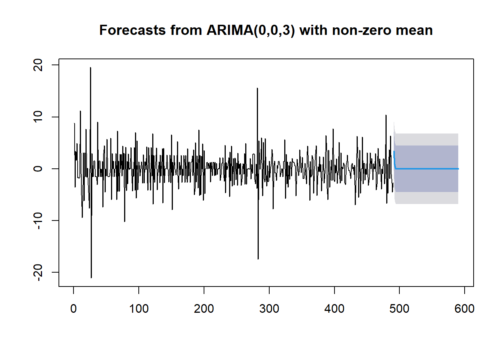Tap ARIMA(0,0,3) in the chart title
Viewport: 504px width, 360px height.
tap(250, 30)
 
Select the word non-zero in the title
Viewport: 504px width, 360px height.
tap(361, 30)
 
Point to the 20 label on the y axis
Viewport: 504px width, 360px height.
tap(38, 65)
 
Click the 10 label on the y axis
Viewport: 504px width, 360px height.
tap(38, 117)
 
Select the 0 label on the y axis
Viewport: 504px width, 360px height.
tap(38, 168)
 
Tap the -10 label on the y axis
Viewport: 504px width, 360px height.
tap(38, 220)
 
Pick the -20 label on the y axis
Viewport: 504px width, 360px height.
tap(38, 272)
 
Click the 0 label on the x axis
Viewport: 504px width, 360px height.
tap(73, 309)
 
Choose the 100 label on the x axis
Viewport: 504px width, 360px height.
tap(139, 309)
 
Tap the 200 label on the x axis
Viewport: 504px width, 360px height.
tap(204, 309)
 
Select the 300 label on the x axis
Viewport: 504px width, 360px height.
tap(269, 309)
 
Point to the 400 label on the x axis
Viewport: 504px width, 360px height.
tap(334, 309)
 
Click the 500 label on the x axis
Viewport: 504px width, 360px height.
tap(399, 309)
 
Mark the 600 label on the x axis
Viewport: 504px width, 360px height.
tap(464, 309)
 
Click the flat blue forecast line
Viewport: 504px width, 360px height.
tap(427, 169)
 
